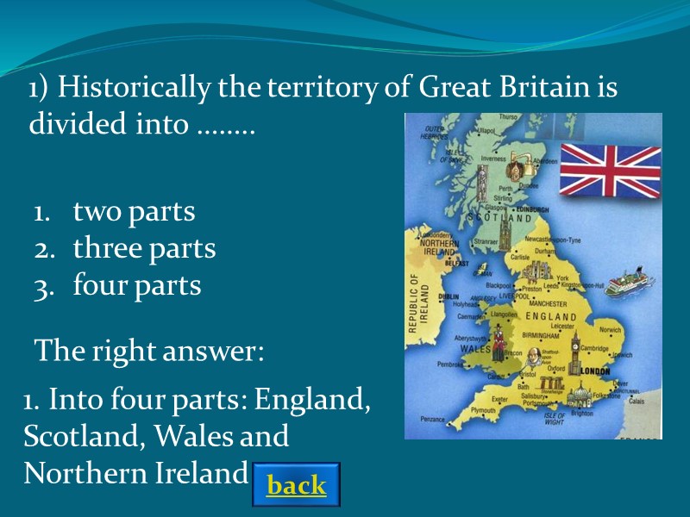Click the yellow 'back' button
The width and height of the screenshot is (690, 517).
tap(297, 485)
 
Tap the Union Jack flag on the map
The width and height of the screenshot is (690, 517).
tap(611, 171)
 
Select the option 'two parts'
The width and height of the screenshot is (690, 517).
tap(134, 211)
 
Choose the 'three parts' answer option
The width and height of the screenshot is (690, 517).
tap(144, 248)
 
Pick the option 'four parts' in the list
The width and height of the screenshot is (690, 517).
tap(136, 285)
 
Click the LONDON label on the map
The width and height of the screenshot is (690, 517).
tap(595, 371)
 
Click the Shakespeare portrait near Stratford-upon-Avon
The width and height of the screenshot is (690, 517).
tap(532, 356)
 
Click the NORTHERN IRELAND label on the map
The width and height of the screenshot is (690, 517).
tap(439, 247)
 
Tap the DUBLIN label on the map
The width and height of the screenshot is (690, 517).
tap(448, 296)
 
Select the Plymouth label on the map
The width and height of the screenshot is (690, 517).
tap(483, 411)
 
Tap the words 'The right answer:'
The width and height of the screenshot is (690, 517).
tap(147, 352)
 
